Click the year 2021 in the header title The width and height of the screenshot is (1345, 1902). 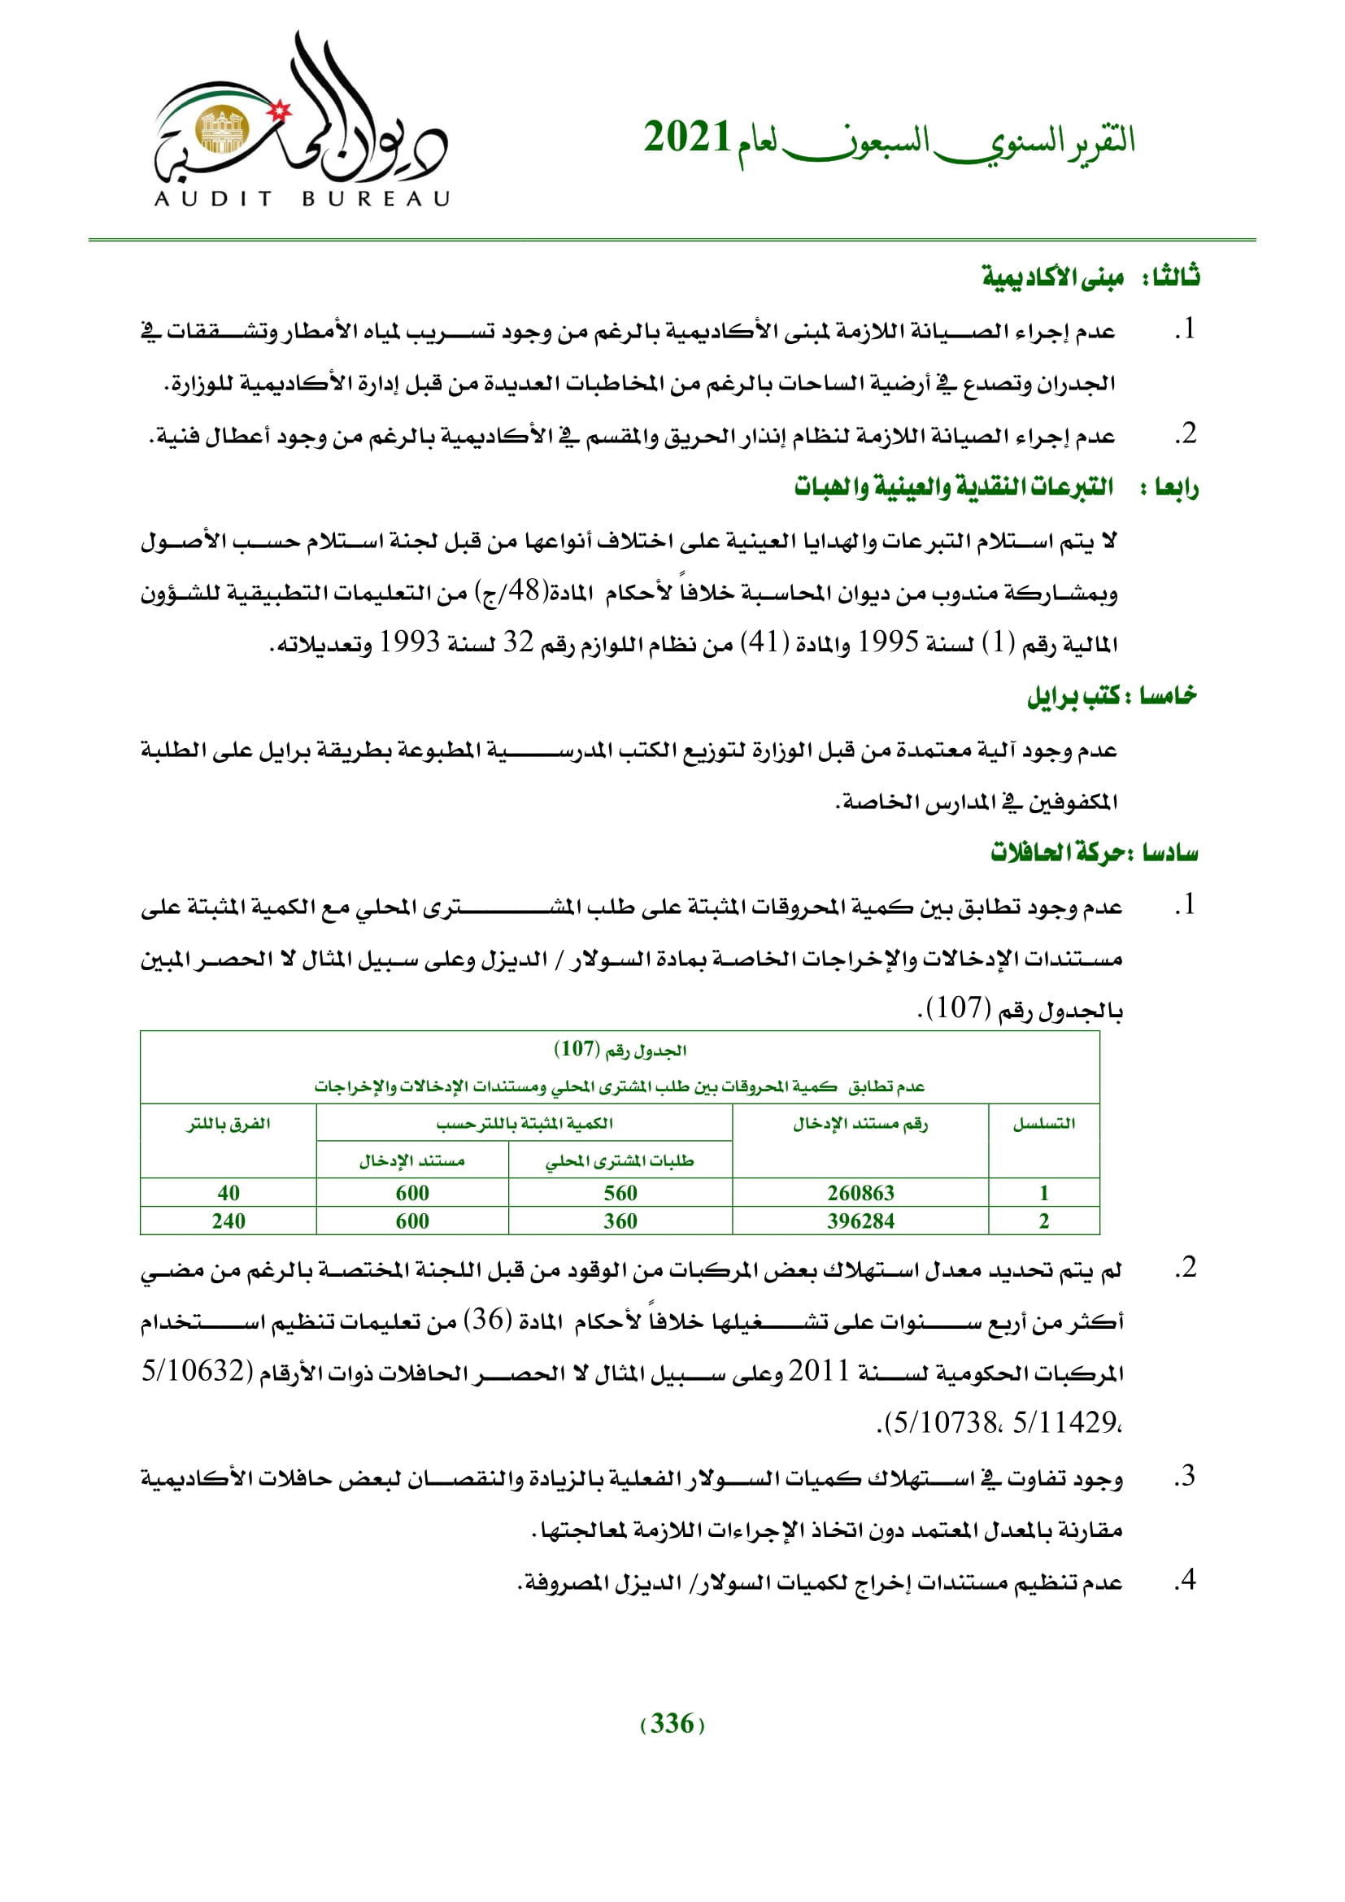coord(686,137)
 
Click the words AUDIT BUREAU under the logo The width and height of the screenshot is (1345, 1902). coord(302,198)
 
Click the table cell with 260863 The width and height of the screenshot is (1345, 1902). coord(860,1192)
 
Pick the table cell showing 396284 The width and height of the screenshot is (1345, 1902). coord(860,1221)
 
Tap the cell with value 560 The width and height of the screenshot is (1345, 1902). coord(620,1192)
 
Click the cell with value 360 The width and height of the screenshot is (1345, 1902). coord(620,1221)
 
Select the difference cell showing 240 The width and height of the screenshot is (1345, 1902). coord(228,1221)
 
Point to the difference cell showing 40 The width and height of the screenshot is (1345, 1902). coord(228,1192)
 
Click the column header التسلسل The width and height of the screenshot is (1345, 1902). coord(1043,1124)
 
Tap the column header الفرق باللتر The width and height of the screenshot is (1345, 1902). coord(228,1124)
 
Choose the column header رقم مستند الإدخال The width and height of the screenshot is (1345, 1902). coord(860,1124)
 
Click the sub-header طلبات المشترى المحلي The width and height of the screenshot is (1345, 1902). coord(620,1160)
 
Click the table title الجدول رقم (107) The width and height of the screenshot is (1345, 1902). coord(620,1050)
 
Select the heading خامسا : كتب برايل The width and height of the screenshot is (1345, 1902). coord(1112,696)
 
